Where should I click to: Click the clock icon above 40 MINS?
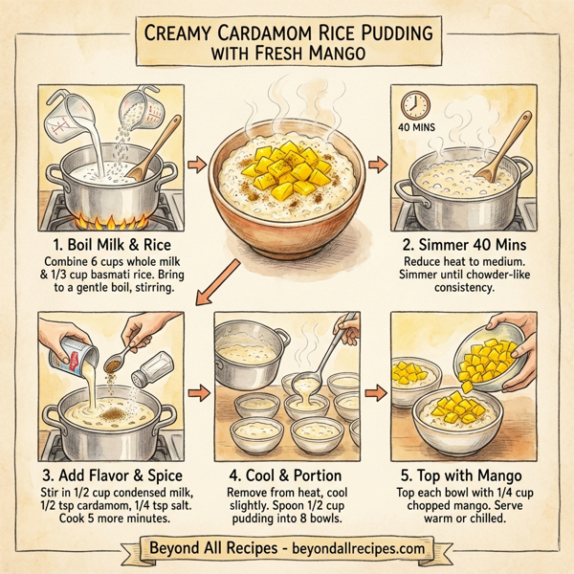[x=413, y=102]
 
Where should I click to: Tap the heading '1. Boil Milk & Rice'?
[x=107, y=242]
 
